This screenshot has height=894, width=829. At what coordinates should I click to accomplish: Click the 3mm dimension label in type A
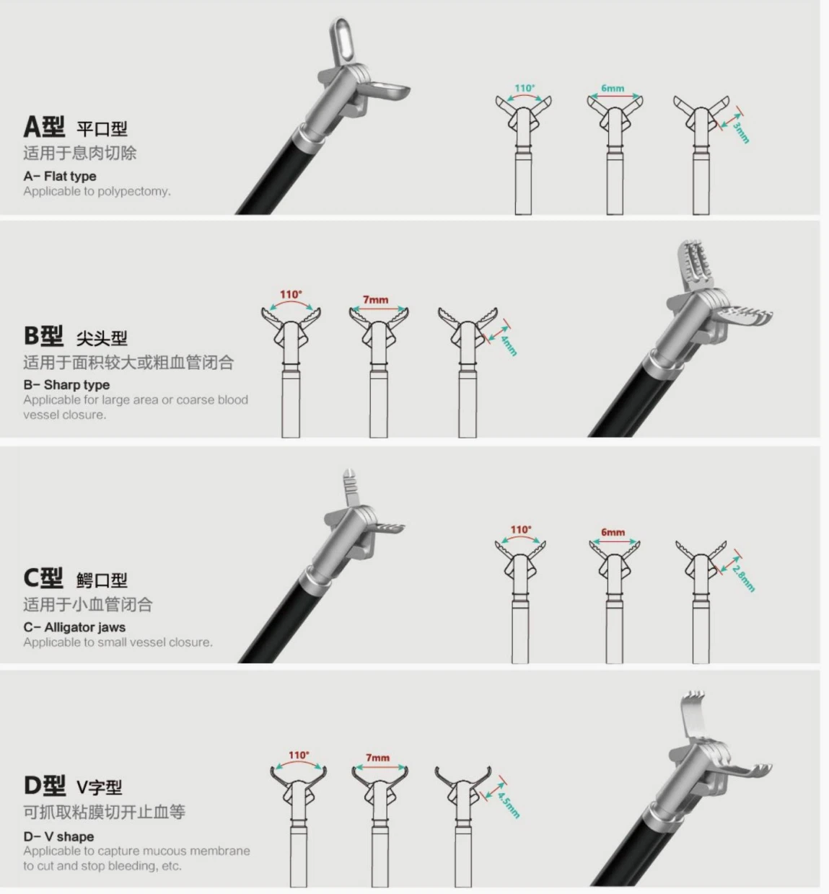pos(742,133)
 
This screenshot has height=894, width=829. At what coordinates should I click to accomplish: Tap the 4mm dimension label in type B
pos(509,344)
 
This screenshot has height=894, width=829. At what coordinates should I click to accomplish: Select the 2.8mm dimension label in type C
pos(744,578)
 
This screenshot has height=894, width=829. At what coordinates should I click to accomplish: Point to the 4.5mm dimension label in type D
pos(509,803)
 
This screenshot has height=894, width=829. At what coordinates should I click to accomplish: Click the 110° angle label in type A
pos(525,88)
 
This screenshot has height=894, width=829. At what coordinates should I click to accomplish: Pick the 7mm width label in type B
pos(375,299)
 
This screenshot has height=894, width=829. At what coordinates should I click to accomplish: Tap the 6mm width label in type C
pos(613,532)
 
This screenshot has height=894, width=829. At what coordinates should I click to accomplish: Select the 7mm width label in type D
pos(377,758)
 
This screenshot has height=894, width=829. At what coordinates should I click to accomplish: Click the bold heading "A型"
pos(44,127)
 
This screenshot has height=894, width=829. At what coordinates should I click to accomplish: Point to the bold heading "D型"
pos(44,785)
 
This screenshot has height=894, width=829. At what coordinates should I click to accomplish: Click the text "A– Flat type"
pos(60,176)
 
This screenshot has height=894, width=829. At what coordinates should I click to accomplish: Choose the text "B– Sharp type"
pos(66,384)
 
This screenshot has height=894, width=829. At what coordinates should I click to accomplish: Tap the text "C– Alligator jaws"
pos(74,627)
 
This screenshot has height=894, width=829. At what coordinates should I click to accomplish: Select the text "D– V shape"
pos(58,836)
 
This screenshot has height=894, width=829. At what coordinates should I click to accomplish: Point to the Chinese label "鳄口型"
pos(102,580)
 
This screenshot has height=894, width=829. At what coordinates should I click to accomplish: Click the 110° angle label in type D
pos(299,756)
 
